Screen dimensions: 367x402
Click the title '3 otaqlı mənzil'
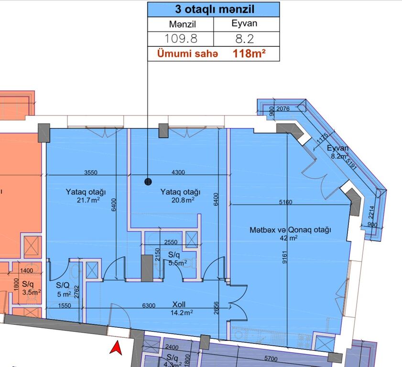213,10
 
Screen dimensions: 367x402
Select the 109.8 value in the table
180,39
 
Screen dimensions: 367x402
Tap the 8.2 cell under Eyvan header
246,39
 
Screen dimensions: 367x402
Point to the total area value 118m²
249,54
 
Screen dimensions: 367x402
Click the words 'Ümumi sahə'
188,54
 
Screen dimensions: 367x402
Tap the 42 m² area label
291,237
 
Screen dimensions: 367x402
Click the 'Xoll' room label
179,304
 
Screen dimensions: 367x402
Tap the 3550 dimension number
90,173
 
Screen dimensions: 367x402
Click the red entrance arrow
115,347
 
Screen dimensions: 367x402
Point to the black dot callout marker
148,181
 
